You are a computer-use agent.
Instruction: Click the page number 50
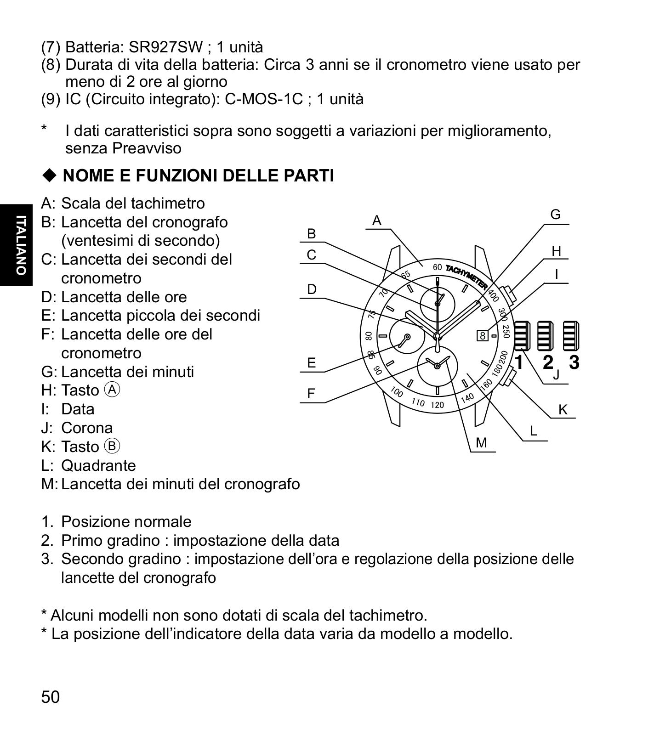(x=51, y=697)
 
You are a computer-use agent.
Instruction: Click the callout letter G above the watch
(x=555, y=215)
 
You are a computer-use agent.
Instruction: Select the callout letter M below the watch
(x=481, y=443)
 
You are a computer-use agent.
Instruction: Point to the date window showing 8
(x=483, y=336)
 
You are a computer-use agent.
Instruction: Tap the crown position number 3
(x=574, y=362)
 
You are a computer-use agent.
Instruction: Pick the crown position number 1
(x=519, y=362)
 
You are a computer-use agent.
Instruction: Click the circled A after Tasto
(x=112, y=390)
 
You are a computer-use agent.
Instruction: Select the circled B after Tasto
(x=112, y=446)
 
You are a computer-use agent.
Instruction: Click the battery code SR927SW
(x=166, y=47)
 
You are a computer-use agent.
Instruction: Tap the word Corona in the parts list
(x=87, y=428)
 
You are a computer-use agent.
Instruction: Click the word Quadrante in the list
(x=98, y=465)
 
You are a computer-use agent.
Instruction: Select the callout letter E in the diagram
(x=312, y=363)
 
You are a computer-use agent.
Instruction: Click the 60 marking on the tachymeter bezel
(x=437, y=267)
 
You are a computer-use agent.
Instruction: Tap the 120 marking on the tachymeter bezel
(x=438, y=405)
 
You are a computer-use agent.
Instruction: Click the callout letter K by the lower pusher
(x=563, y=409)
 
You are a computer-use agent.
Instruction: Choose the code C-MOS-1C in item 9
(x=264, y=99)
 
